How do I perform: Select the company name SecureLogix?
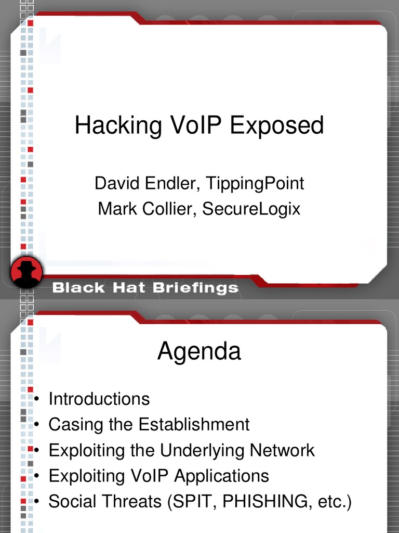coord(251,209)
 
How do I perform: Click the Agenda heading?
coord(199,352)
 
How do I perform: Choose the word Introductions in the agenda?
coord(99,399)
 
